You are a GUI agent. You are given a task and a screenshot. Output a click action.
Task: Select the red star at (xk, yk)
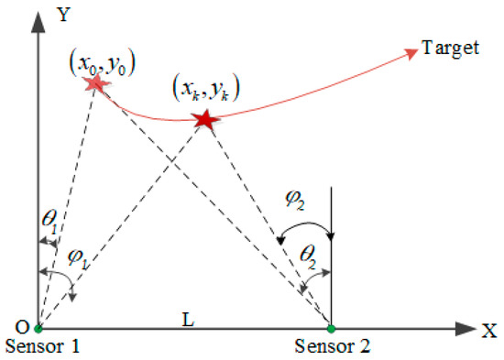tap(204, 119)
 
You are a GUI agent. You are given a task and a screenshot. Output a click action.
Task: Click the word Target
tap(451, 48)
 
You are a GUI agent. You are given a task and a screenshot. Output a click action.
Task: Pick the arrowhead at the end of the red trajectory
tap(409, 56)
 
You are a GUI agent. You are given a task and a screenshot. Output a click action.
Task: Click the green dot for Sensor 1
tap(38, 327)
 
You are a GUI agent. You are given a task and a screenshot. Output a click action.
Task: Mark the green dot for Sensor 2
tap(332, 327)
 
